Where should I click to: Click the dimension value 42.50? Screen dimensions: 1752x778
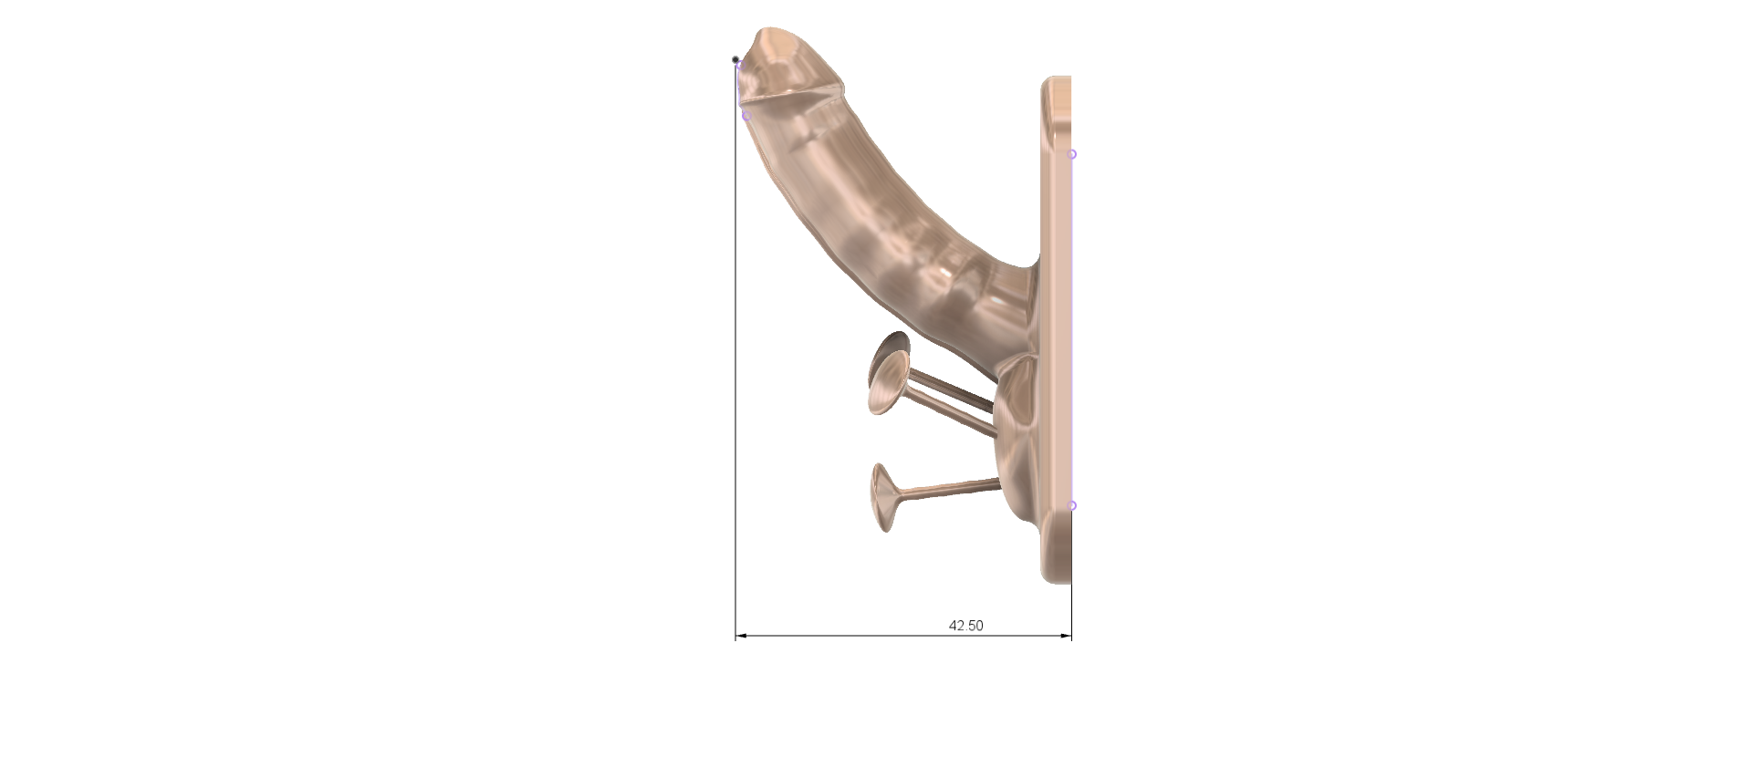(966, 626)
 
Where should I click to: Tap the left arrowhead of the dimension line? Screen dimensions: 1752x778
(742, 635)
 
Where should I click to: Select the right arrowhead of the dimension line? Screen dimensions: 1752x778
(1065, 635)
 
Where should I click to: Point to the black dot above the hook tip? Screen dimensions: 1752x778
(735, 60)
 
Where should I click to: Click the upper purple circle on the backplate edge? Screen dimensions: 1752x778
(1072, 154)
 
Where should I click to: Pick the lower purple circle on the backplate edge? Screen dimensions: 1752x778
(1072, 505)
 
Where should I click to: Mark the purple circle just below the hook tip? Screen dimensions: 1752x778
(746, 116)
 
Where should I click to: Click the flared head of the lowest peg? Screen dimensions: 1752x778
(882, 497)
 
